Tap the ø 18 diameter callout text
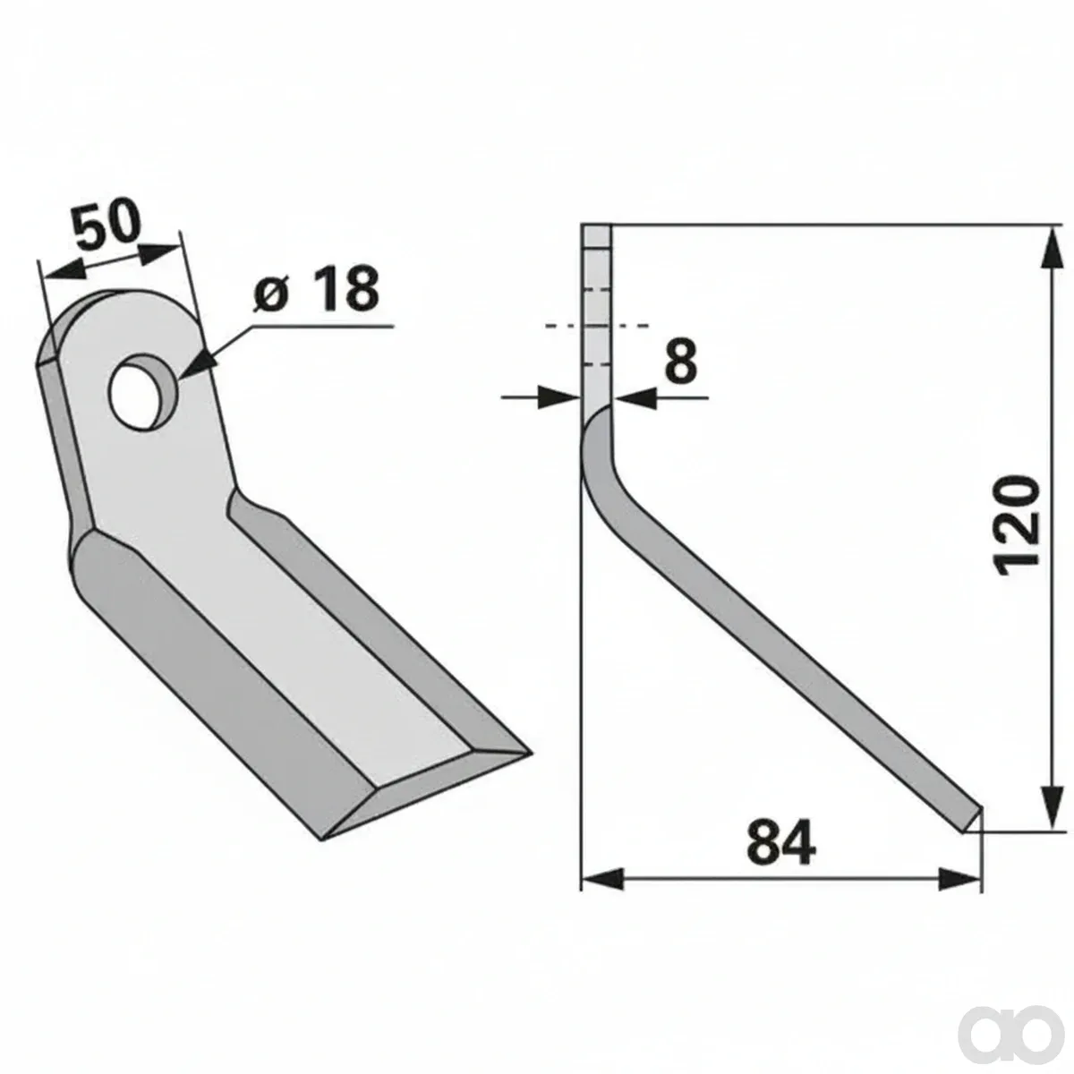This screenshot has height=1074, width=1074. (x=316, y=290)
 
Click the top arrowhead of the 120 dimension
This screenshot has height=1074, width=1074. (x=1051, y=249)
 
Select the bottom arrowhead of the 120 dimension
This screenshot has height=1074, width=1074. (x=1051, y=806)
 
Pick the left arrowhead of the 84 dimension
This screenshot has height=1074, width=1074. (x=602, y=879)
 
